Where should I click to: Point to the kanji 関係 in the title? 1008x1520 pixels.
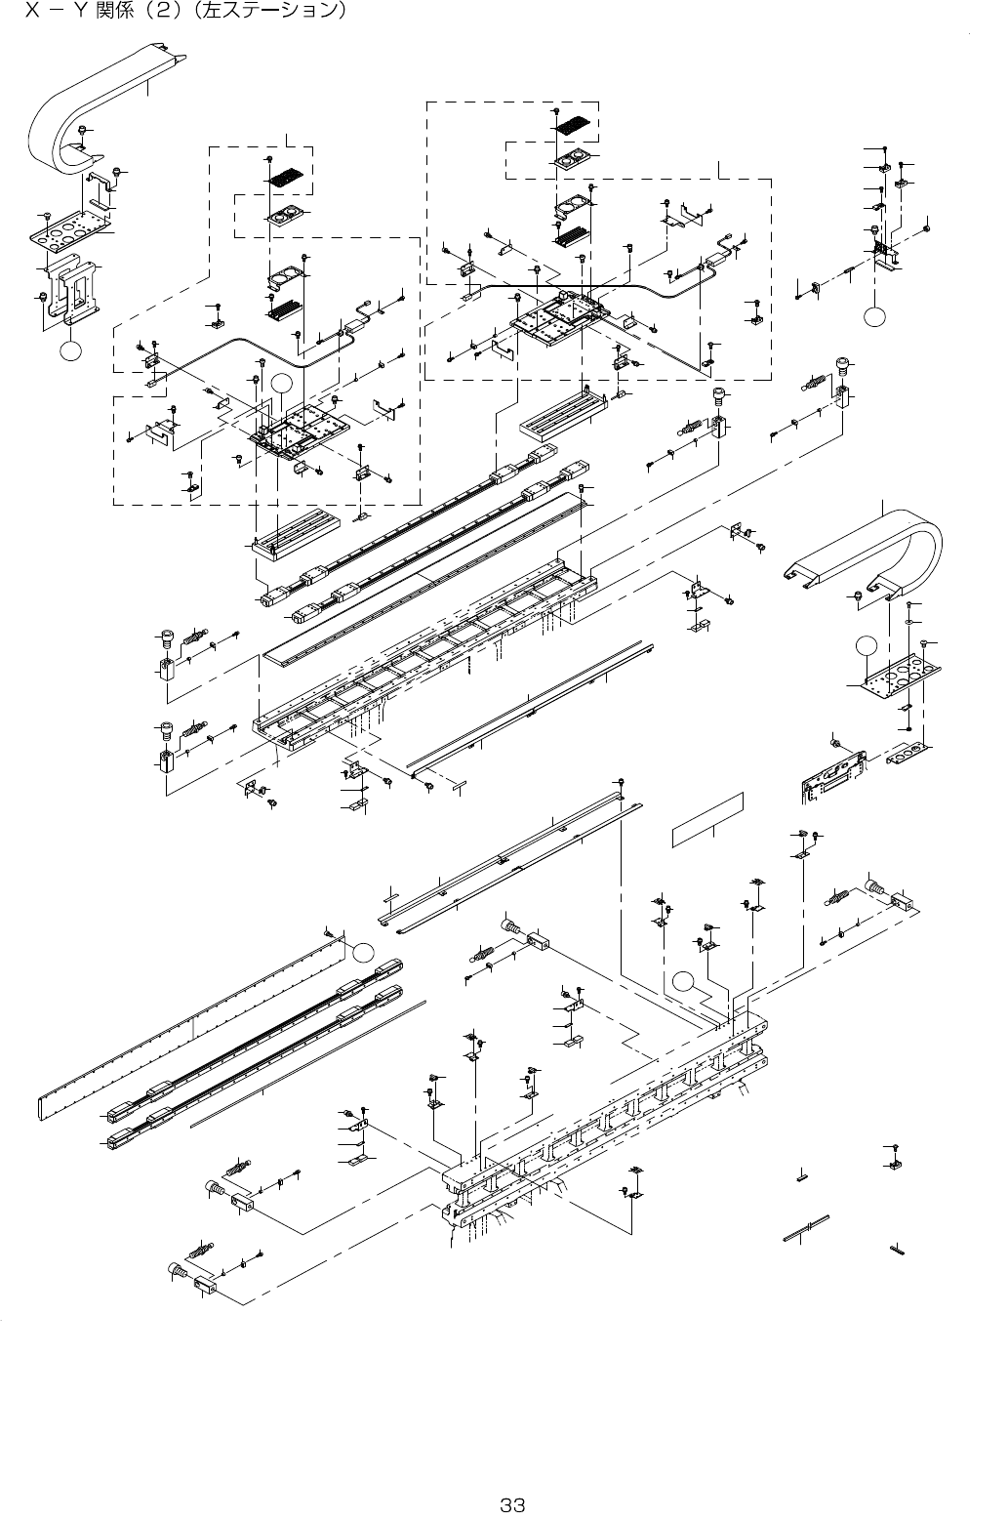point(114,14)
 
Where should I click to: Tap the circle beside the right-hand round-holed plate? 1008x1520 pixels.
point(863,644)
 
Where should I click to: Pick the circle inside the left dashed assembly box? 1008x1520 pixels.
point(281,383)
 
